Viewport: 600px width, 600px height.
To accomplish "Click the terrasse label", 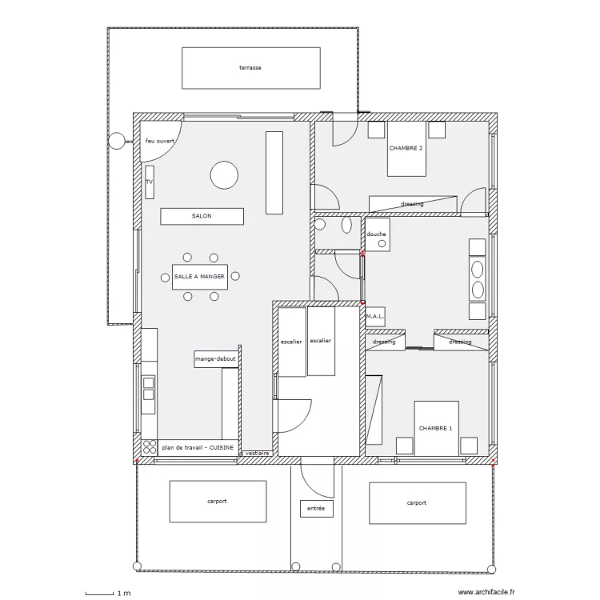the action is pyautogui.click(x=250, y=68).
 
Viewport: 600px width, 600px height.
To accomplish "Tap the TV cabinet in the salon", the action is pyautogui.click(x=150, y=182).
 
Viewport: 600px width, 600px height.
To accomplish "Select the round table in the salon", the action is pyautogui.click(x=224, y=175).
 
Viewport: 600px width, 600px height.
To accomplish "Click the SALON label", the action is pyautogui.click(x=202, y=216).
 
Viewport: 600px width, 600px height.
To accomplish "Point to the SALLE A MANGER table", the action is pyautogui.click(x=200, y=277).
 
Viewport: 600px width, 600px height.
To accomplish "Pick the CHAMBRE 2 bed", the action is pyautogui.click(x=406, y=149).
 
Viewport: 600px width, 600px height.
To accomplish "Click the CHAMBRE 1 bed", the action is pyautogui.click(x=436, y=429).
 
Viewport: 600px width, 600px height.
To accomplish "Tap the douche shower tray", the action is pyautogui.click(x=378, y=234).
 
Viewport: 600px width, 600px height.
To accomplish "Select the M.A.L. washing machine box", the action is pyautogui.click(x=375, y=317).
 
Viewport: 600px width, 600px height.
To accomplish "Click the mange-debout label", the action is pyautogui.click(x=215, y=359).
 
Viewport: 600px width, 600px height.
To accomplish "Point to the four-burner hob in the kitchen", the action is pyautogui.click(x=150, y=447).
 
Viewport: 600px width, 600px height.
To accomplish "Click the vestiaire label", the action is pyautogui.click(x=257, y=453).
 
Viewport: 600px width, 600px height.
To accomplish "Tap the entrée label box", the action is pyautogui.click(x=317, y=509).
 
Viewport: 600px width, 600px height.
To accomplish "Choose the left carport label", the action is pyautogui.click(x=217, y=502).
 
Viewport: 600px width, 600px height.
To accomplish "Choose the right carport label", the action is pyautogui.click(x=416, y=503).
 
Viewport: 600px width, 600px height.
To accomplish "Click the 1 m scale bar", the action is pyautogui.click(x=99, y=594).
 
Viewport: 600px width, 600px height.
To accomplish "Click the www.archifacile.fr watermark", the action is pyautogui.click(x=486, y=592).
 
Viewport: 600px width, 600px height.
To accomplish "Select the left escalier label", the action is pyautogui.click(x=291, y=342).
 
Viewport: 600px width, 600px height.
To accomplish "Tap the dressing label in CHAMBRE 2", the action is pyautogui.click(x=413, y=204).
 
